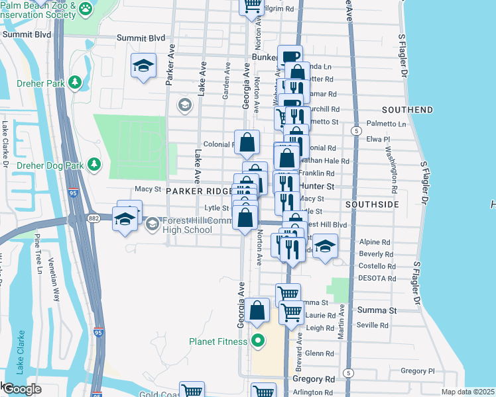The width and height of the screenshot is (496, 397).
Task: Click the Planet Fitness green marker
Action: tap(257, 342)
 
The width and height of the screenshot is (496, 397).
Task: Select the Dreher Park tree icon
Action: tap(74, 82)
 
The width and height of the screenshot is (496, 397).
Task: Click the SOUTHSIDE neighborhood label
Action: tap(376, 205)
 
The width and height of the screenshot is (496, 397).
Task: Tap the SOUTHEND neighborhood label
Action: tap(407, 110)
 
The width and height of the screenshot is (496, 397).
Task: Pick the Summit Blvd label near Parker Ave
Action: tap(139, 38)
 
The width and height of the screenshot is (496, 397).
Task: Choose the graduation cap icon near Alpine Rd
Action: tap(324, 247)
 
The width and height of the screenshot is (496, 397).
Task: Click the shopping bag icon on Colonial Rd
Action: tap(247, 142)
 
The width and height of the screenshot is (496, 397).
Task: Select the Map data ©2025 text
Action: tap(467, 392)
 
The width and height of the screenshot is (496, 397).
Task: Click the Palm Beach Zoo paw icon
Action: tap(86, 9)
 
